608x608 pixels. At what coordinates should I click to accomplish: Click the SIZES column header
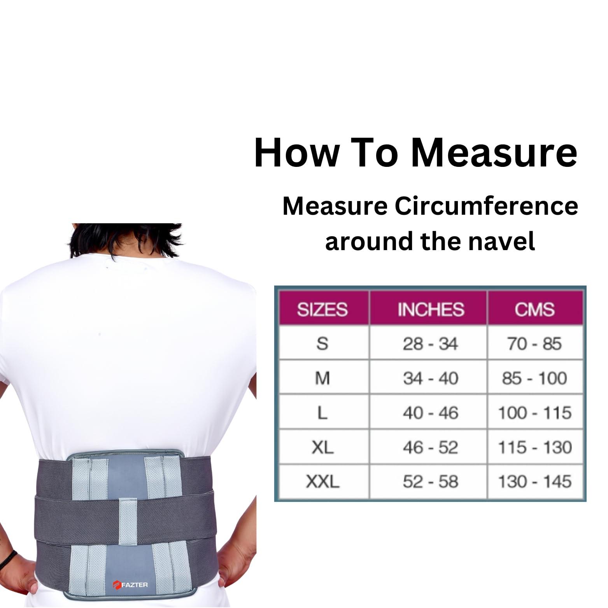coord(322,309)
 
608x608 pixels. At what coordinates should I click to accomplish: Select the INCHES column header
coord(431,309)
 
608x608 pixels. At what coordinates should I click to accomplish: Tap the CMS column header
coord(534,309)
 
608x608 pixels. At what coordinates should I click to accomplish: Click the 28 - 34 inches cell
coord(430,344)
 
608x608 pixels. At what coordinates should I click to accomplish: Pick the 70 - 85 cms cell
coord(534,344)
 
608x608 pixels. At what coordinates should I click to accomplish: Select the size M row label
coord(322,378)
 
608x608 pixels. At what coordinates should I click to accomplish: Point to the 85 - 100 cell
coord(534,378)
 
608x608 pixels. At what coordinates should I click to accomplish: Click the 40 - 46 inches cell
coord(430,413)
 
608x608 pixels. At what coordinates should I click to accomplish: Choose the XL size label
coord(322,447)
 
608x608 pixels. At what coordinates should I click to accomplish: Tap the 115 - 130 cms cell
coord(534,447)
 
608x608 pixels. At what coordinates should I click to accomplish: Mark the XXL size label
coord(322,482)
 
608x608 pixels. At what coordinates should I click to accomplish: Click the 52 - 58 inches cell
coord(430,482)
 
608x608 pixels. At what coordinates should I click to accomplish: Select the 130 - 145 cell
coord(534,482)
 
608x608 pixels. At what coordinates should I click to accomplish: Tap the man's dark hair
coord(124,241)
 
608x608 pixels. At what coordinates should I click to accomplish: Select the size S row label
coord(322,344)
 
